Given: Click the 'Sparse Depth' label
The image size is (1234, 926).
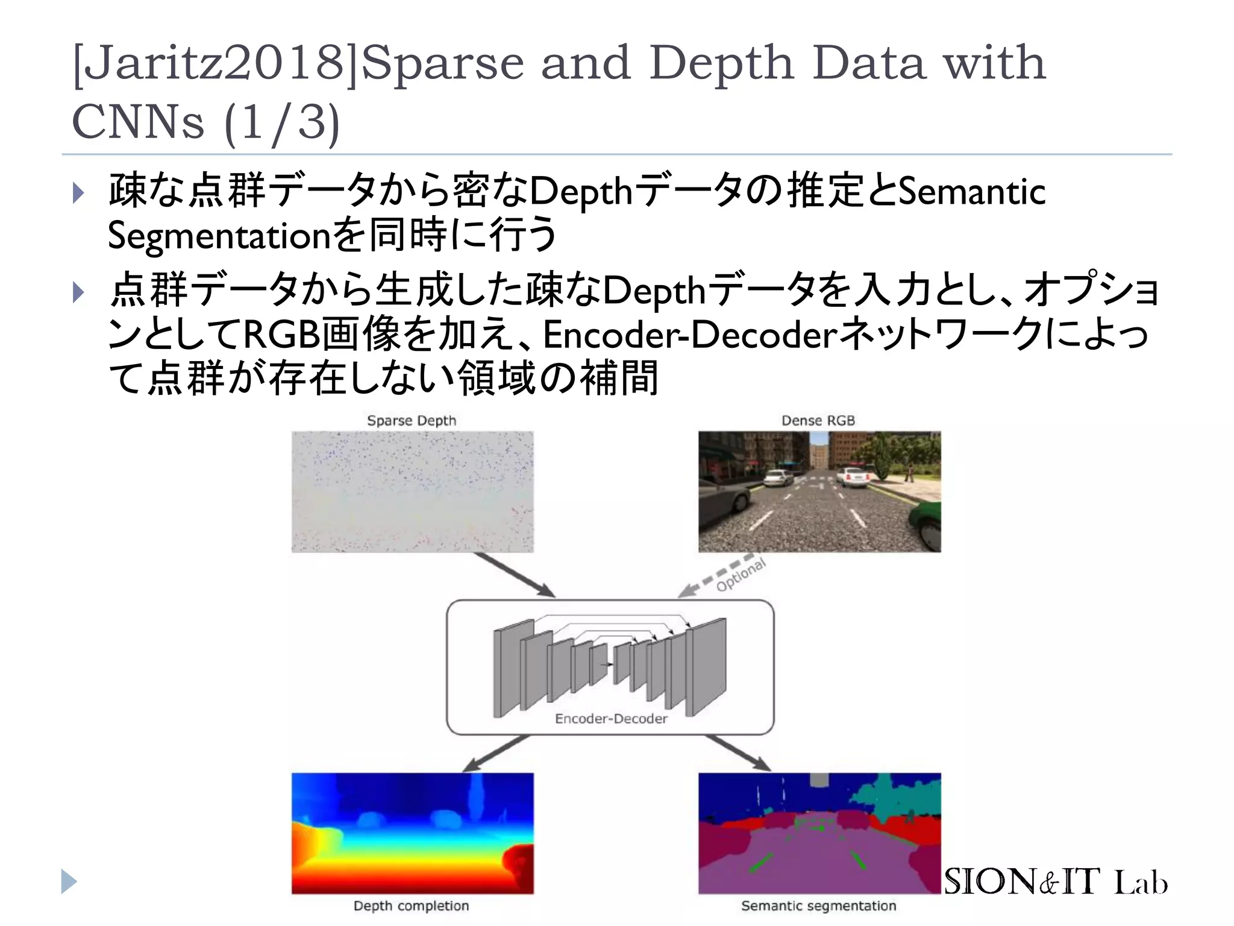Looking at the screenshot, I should click(x=412, y=420).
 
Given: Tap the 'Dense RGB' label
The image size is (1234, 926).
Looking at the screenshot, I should click(x=818, y=420).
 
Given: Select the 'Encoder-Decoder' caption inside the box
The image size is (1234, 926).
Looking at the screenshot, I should click(x=611, y=718).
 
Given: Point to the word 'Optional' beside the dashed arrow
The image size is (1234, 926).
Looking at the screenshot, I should click(x=741, y=575).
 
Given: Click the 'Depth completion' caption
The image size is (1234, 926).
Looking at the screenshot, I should click(x=411, y=906).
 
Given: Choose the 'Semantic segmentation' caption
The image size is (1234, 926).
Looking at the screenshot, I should click(x=818, y=906).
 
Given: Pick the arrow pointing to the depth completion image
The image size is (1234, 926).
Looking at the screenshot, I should click(x=495, y=754).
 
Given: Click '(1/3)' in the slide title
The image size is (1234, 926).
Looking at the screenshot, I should click(x=282, y=122).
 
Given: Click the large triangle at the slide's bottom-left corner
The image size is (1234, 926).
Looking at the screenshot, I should click(x=69, y=881).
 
